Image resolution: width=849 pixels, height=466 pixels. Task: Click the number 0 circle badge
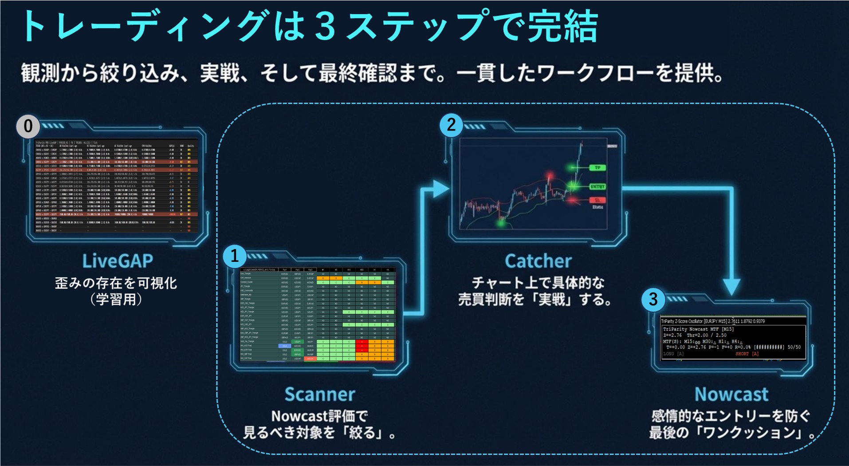pos(28,126)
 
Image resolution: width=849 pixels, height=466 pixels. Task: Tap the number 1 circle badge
pos(234,256)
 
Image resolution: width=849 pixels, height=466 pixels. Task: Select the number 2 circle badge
pos(451,125)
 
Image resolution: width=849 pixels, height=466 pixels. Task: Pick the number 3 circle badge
pos(653,300)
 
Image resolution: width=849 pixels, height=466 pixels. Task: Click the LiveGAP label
pos(118,261)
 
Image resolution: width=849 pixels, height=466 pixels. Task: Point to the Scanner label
pos(319,394)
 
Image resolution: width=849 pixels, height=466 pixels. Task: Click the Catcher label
pos(538,261)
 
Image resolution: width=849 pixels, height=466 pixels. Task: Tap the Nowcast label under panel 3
pos(731,394)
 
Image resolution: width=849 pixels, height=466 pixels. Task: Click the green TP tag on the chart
pos(597,168)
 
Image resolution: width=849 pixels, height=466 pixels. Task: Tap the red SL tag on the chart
pos(597,200)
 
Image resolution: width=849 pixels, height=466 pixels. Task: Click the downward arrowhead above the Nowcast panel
pos(731,286)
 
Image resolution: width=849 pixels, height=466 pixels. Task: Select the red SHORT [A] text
pos(747,354)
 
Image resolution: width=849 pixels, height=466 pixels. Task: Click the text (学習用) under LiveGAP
pos(116,300)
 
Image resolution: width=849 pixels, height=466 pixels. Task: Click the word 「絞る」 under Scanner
pos(364,433)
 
